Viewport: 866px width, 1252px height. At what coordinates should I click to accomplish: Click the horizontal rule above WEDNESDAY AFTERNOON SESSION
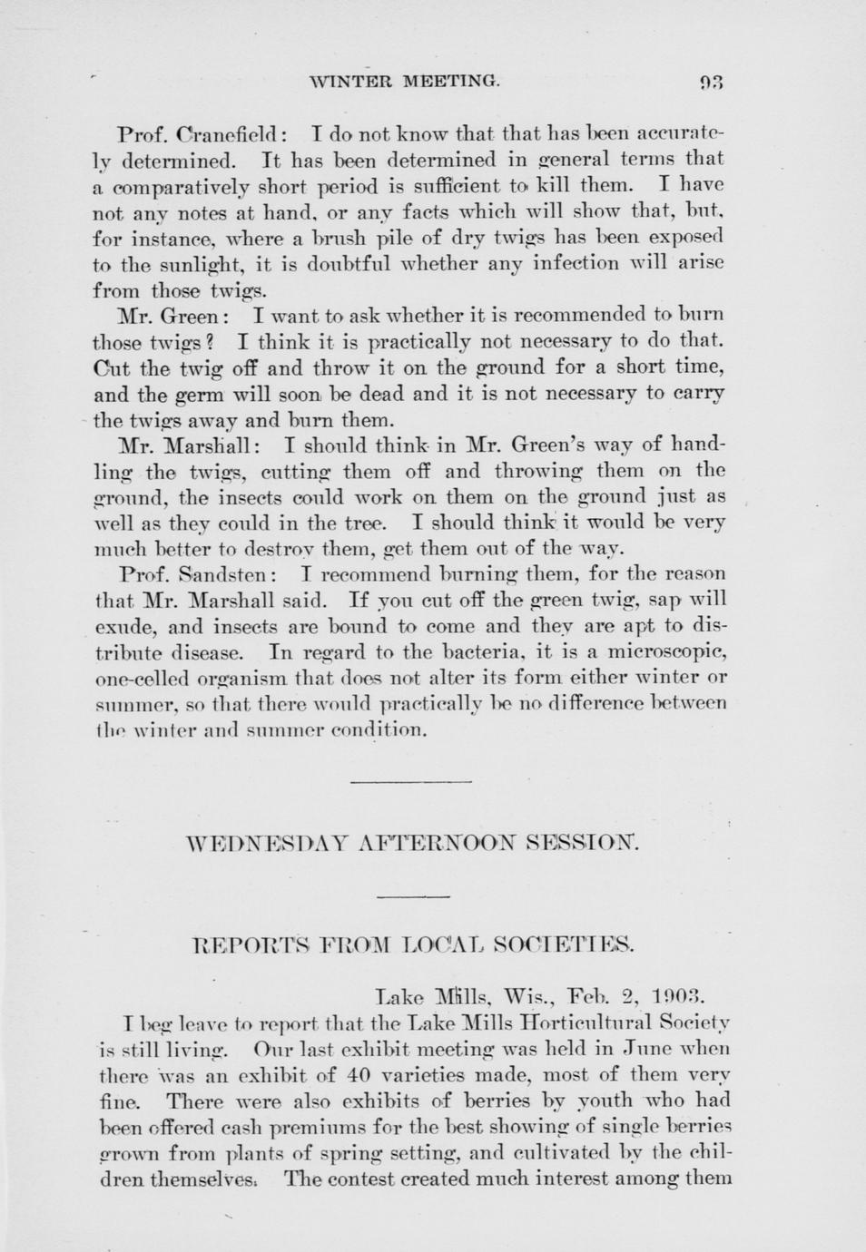click(410, 781)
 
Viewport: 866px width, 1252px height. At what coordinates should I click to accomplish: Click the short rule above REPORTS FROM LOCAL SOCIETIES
click(413, 895)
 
